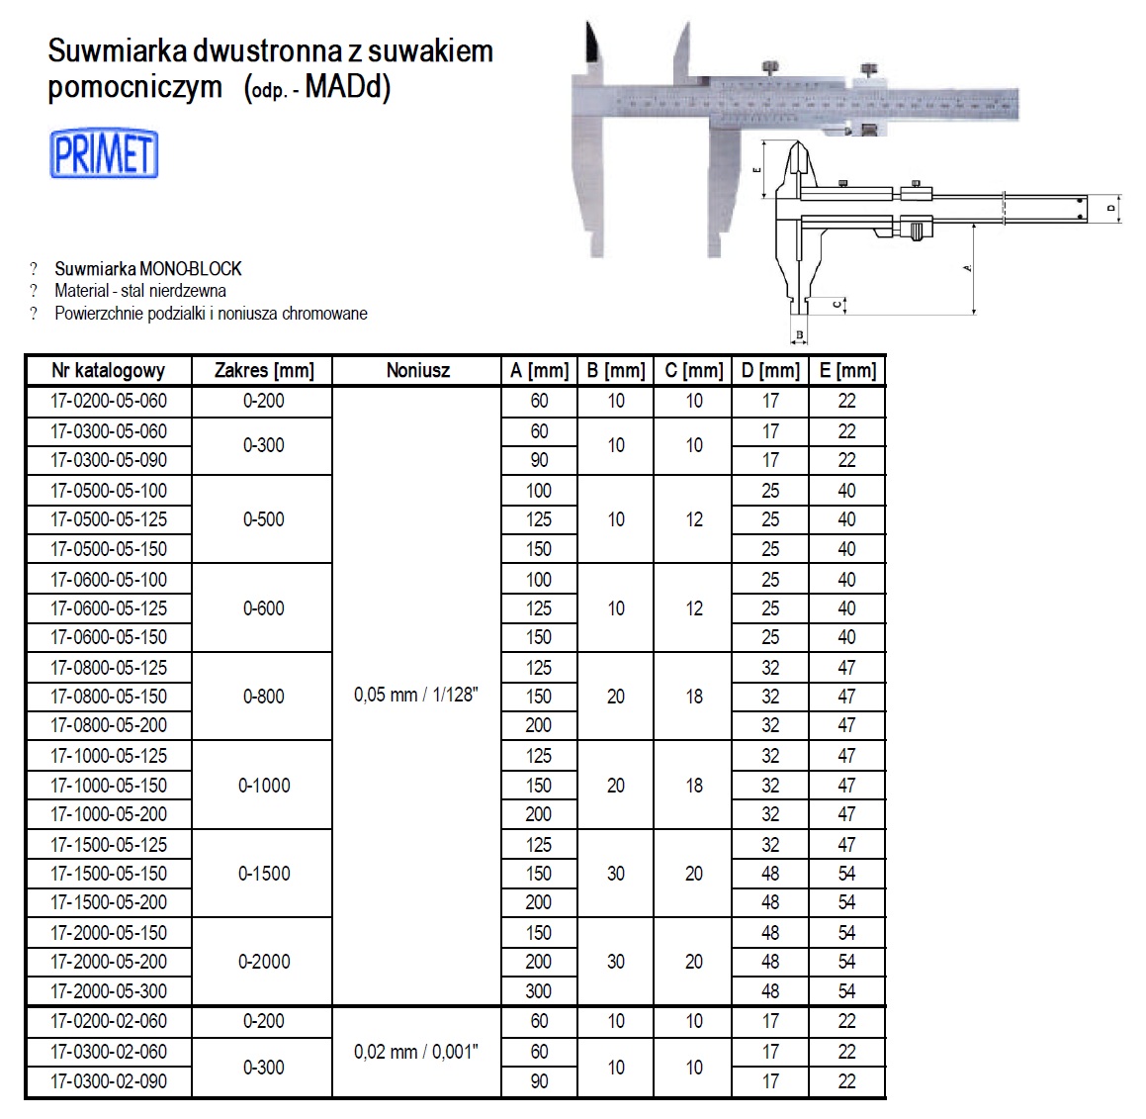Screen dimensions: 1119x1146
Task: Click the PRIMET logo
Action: tap(104, 153)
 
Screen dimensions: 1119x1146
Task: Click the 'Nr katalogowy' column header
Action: tap(109, 371)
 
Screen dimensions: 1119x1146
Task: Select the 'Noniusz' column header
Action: tap(417, 371)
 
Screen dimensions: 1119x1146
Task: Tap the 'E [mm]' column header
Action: tap(847, 371)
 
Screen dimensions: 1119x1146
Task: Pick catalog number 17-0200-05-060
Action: tap(109, 401)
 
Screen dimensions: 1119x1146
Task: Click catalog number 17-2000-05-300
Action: tap(109, 990)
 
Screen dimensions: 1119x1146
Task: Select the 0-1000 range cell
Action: tap(264, 786)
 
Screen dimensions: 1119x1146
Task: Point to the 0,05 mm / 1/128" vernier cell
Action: tap(416, 696)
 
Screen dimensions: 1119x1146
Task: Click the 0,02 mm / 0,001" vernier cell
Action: tap(416, 1052)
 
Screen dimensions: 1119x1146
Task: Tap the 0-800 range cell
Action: tap(264, 697)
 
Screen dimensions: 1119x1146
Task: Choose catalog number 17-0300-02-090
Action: tap(109, 1081)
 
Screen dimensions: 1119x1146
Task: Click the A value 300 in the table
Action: tap(539, 990)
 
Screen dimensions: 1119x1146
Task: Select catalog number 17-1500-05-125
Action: tap(109, 845)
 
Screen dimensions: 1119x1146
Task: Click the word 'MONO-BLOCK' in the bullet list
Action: tap(191, 268)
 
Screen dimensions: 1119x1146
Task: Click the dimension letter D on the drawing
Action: tap(1111, 209)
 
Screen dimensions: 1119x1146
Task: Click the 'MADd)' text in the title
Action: tap(347, 87)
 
